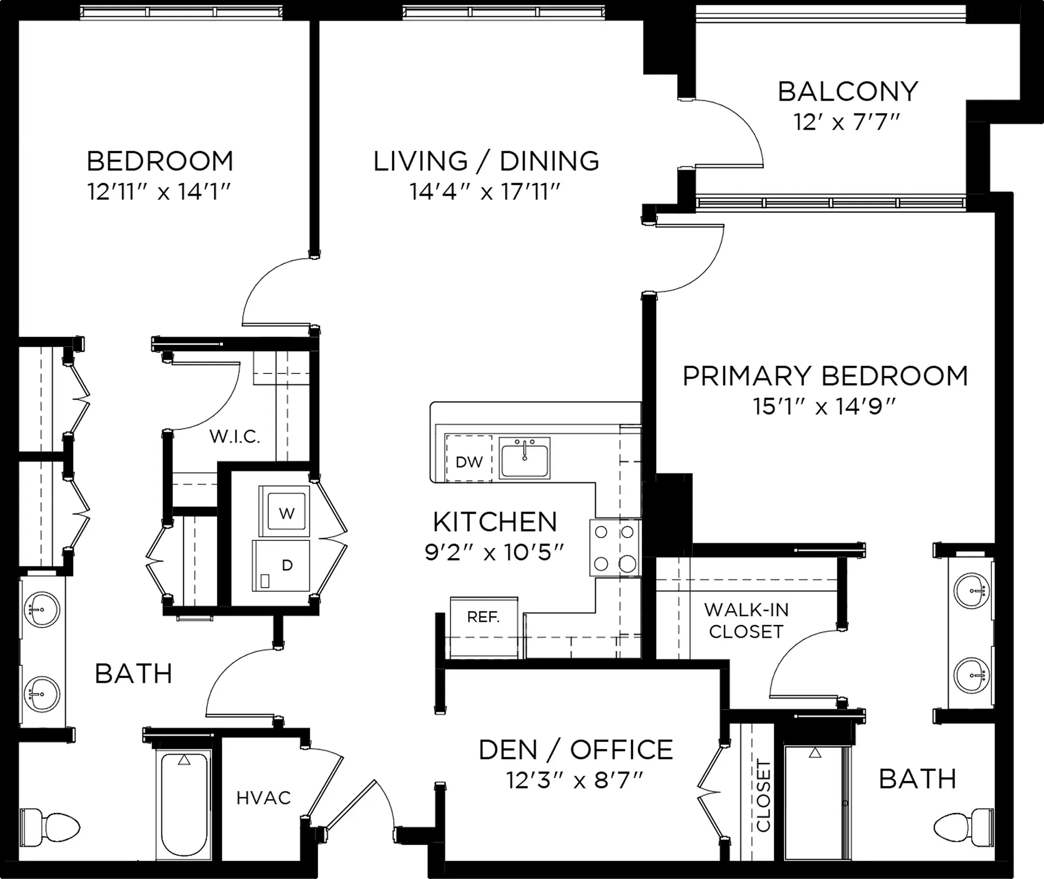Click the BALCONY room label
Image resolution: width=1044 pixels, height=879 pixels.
tap(848, 91)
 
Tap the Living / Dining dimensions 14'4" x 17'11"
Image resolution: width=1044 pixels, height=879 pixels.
tap(485, 191)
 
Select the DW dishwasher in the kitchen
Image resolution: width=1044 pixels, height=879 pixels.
tap(469, 458)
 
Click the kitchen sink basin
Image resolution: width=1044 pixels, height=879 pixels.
tap(525, 458)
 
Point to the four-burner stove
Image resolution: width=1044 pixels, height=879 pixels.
tap(615, 547)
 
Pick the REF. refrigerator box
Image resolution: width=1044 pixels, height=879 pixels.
tap(484, 627)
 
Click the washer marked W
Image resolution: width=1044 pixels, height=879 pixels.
tap(284, 511)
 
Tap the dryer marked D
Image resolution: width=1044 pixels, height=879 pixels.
tap(281, 565)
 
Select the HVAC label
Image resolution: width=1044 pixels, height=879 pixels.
tap(264, 797)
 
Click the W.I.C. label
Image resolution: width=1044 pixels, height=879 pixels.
tap(235, 436)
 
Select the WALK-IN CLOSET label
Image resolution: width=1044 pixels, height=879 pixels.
tap(746, 621)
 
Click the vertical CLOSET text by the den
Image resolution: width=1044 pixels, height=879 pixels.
tap(763, 796)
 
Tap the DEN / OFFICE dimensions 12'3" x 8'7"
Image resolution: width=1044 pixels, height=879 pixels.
tap(575, 781)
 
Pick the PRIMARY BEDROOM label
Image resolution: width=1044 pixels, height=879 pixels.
tap(825, 376)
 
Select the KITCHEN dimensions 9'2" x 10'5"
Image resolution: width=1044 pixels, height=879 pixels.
tap(494, 553)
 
